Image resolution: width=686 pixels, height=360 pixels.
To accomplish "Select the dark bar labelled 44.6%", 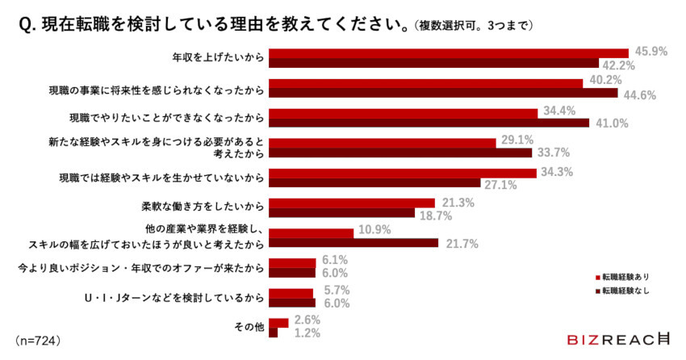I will tap(443, 94).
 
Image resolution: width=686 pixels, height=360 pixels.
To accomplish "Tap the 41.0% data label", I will tap(612, 123).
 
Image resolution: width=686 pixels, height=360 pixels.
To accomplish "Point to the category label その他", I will tap(249, 327).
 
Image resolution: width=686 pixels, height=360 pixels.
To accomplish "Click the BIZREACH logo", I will tap(618, 340).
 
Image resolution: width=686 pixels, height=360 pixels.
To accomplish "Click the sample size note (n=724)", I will tap(39, 340).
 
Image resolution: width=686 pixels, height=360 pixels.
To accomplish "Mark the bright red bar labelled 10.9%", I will tap(311, 233).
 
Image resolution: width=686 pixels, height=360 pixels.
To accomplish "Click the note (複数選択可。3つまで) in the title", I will tap(475, 25).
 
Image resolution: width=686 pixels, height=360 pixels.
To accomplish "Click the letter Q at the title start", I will tap(25, 24).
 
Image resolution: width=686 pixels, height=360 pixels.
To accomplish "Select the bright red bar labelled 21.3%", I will tap(352, 203).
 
